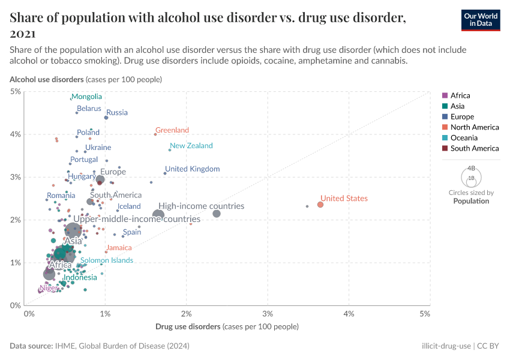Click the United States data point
coord(320,205)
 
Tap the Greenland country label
coord(172,130)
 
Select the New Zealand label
coord(191,146)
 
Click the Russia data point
coord(106,118)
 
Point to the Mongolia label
coord(86,97)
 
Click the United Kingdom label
coord(192,169)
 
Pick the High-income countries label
coord(201,206)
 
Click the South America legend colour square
coord(445,148)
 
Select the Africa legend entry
coord(460,95)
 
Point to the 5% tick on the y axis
coord(16,91)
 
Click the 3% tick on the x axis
coord(268,314)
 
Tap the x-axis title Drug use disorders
coord(188,326)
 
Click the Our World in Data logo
coord(480,20)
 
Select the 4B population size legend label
coord(471,169)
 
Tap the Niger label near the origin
coord(49,289)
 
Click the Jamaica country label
coord(119,248)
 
